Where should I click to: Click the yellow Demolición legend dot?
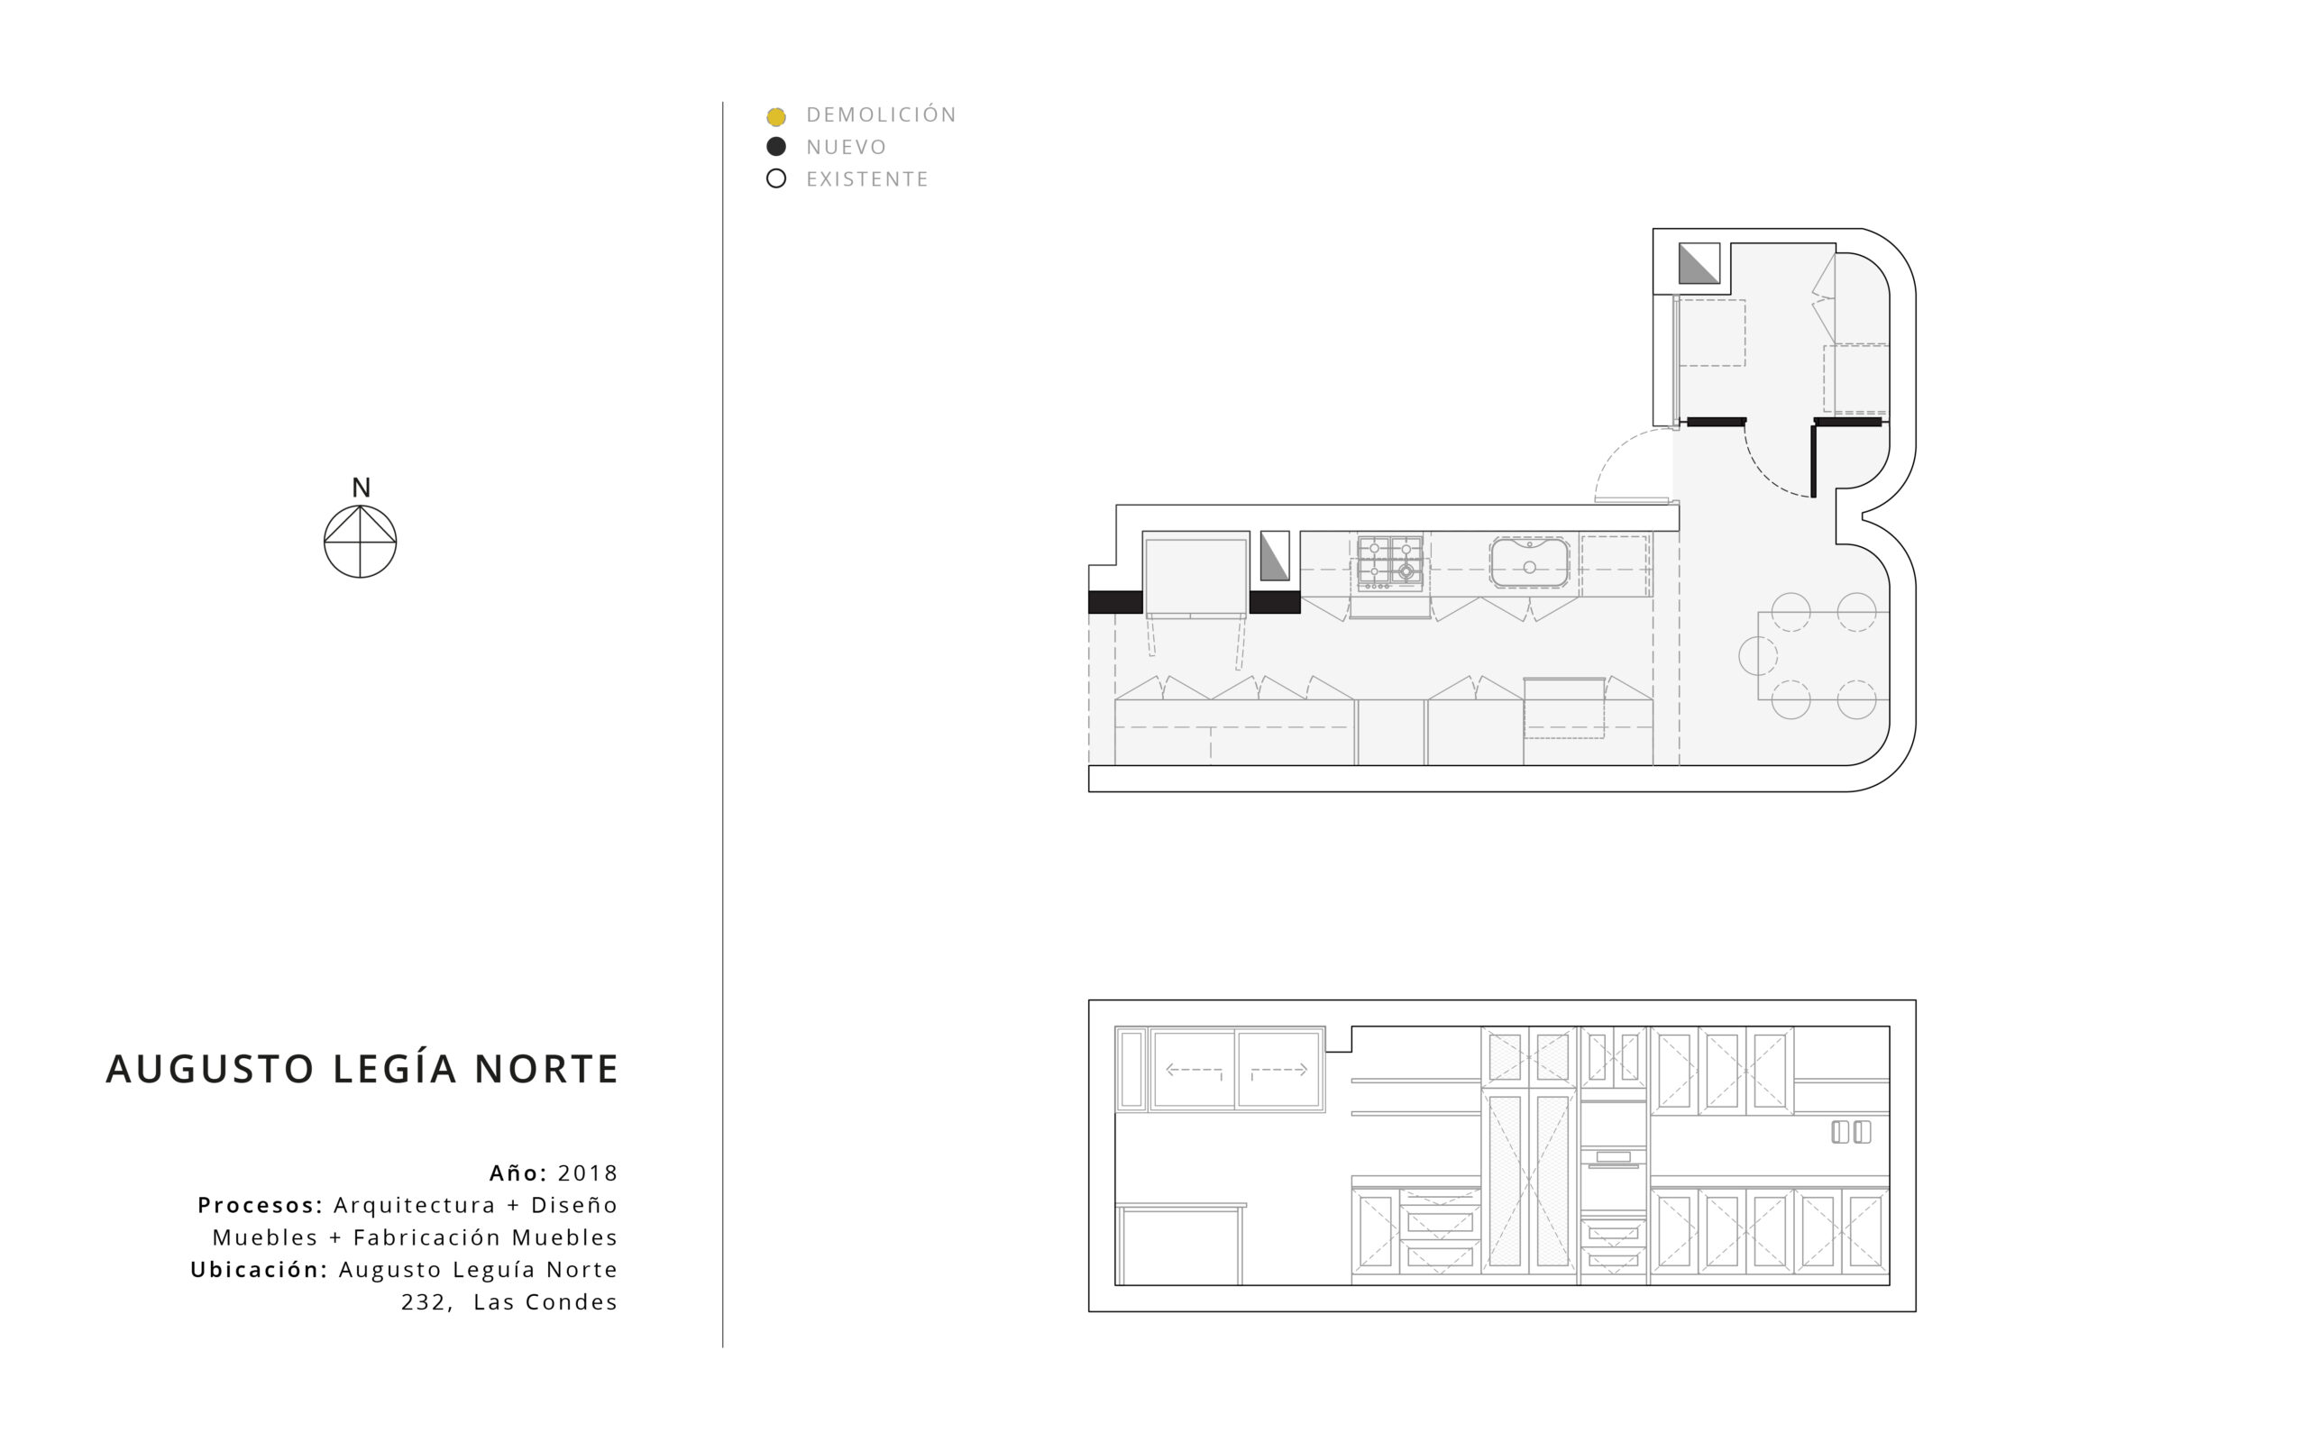pos(776,117)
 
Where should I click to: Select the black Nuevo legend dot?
pos(776,147)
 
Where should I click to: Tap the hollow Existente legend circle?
pos(776,178)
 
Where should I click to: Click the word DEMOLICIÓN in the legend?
pos(881,114)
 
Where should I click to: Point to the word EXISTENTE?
pos(867,179)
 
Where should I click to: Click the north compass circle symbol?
pos(361,541)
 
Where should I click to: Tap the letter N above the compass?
pos(361,488)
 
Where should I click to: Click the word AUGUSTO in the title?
pos(210,1069)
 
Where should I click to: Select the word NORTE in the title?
pos(546,1069)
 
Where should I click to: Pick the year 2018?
pos(588,1173)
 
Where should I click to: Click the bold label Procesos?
pos(261,1206)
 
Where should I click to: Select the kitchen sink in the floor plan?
pos(1529,562)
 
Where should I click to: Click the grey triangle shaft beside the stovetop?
pos(1275,556)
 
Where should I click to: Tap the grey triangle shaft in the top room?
pos(1699,263)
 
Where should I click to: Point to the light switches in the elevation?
pos(1851,1132)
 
